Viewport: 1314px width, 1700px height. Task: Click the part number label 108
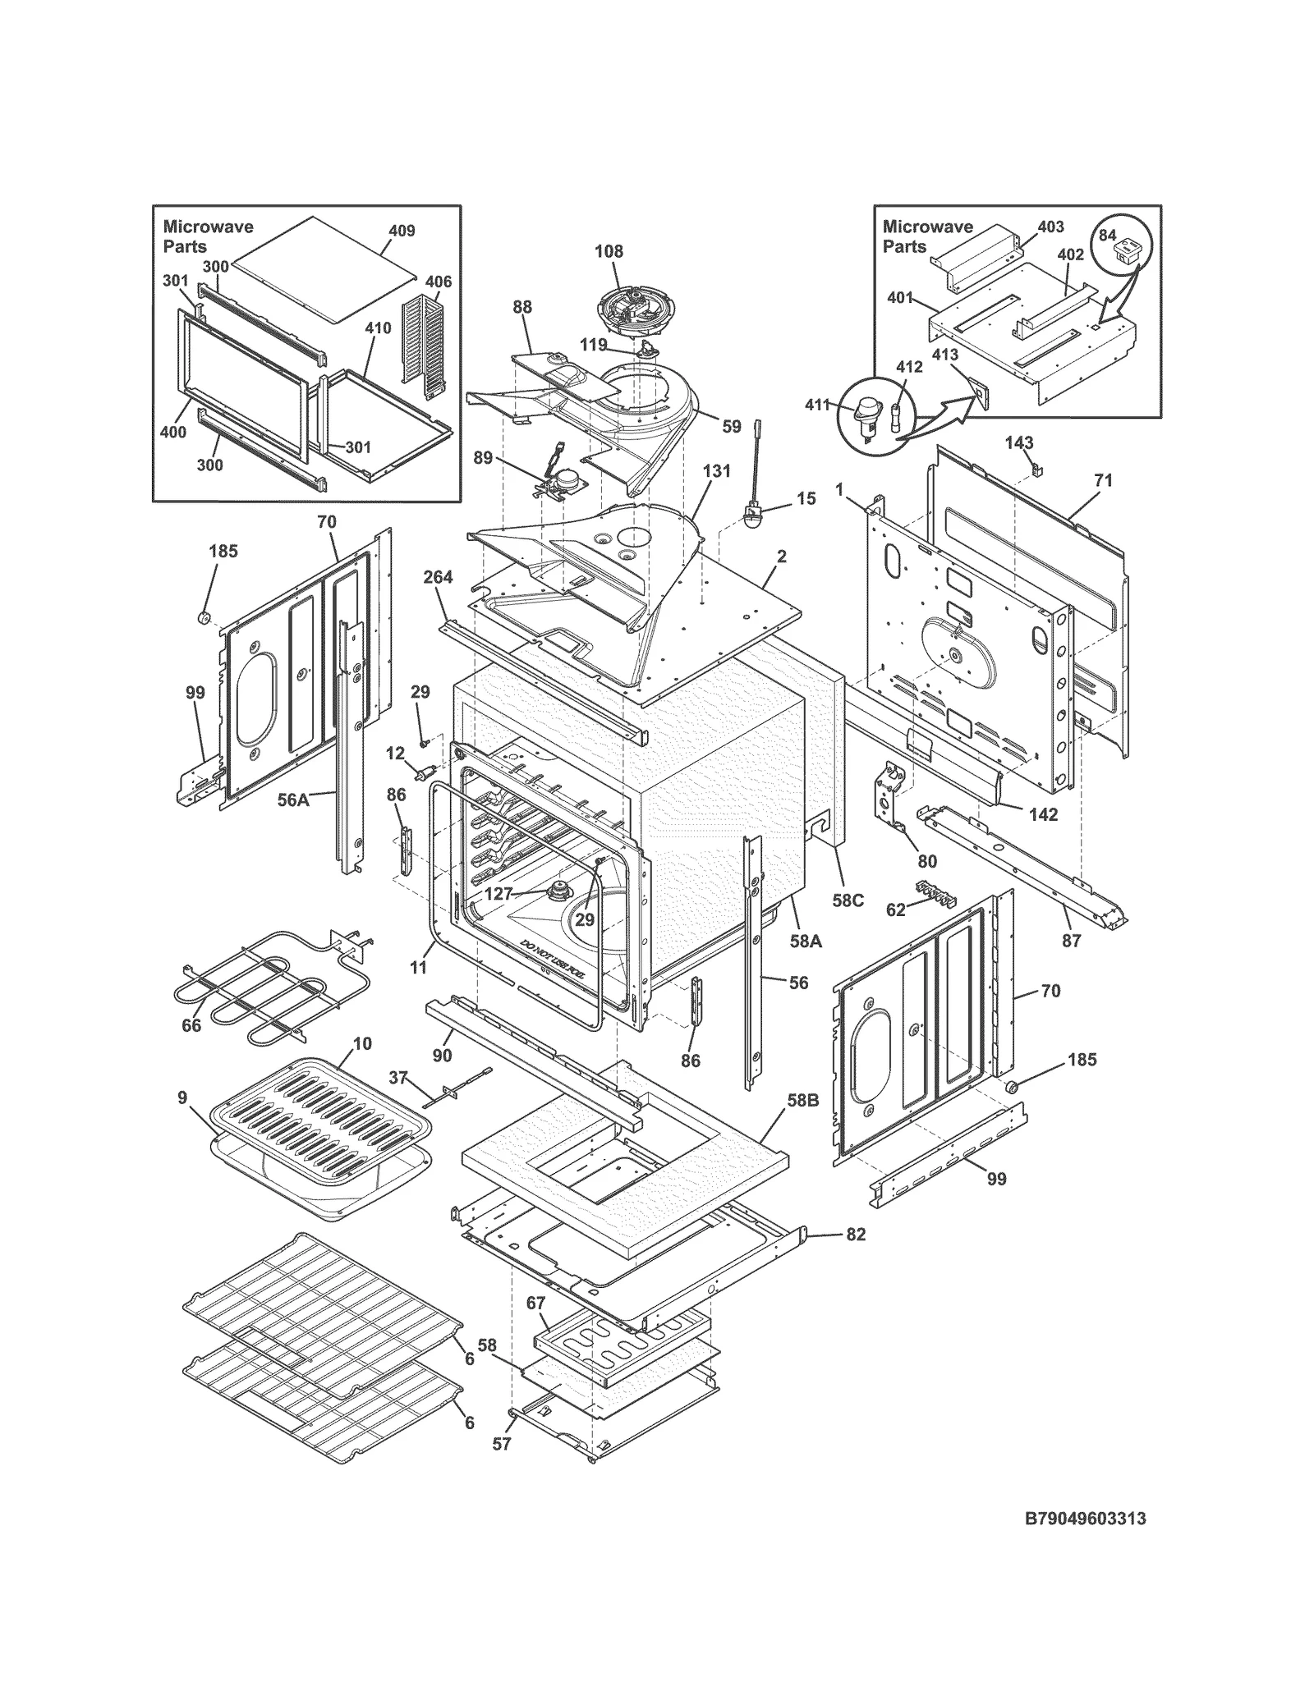pyautogui.click(x=609, y=251)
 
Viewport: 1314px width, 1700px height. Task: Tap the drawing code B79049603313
pyautogui.click(x=1085, y=1519)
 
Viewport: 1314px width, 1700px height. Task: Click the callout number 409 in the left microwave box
pyautogui.click(x=402, y=231)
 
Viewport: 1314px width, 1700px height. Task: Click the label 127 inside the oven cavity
pyautogui.click(x=498, y=894)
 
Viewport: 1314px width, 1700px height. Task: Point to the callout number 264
pyautogui.click(x=438, y=577)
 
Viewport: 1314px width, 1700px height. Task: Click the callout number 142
pyautogui.click(x=1043, y=814)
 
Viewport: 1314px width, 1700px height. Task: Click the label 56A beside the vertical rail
pyautogui.click(x=292, y=799)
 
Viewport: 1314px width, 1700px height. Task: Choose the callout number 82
pyautogui.click(x=856, y=1235)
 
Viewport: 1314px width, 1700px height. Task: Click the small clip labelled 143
pyautogui.click(x=1036, y=470)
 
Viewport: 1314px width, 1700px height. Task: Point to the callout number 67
pyautogui.click(x=535, y=1303)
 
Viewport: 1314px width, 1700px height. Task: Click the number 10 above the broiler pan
pyautogui.click(x=362, y=1043)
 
